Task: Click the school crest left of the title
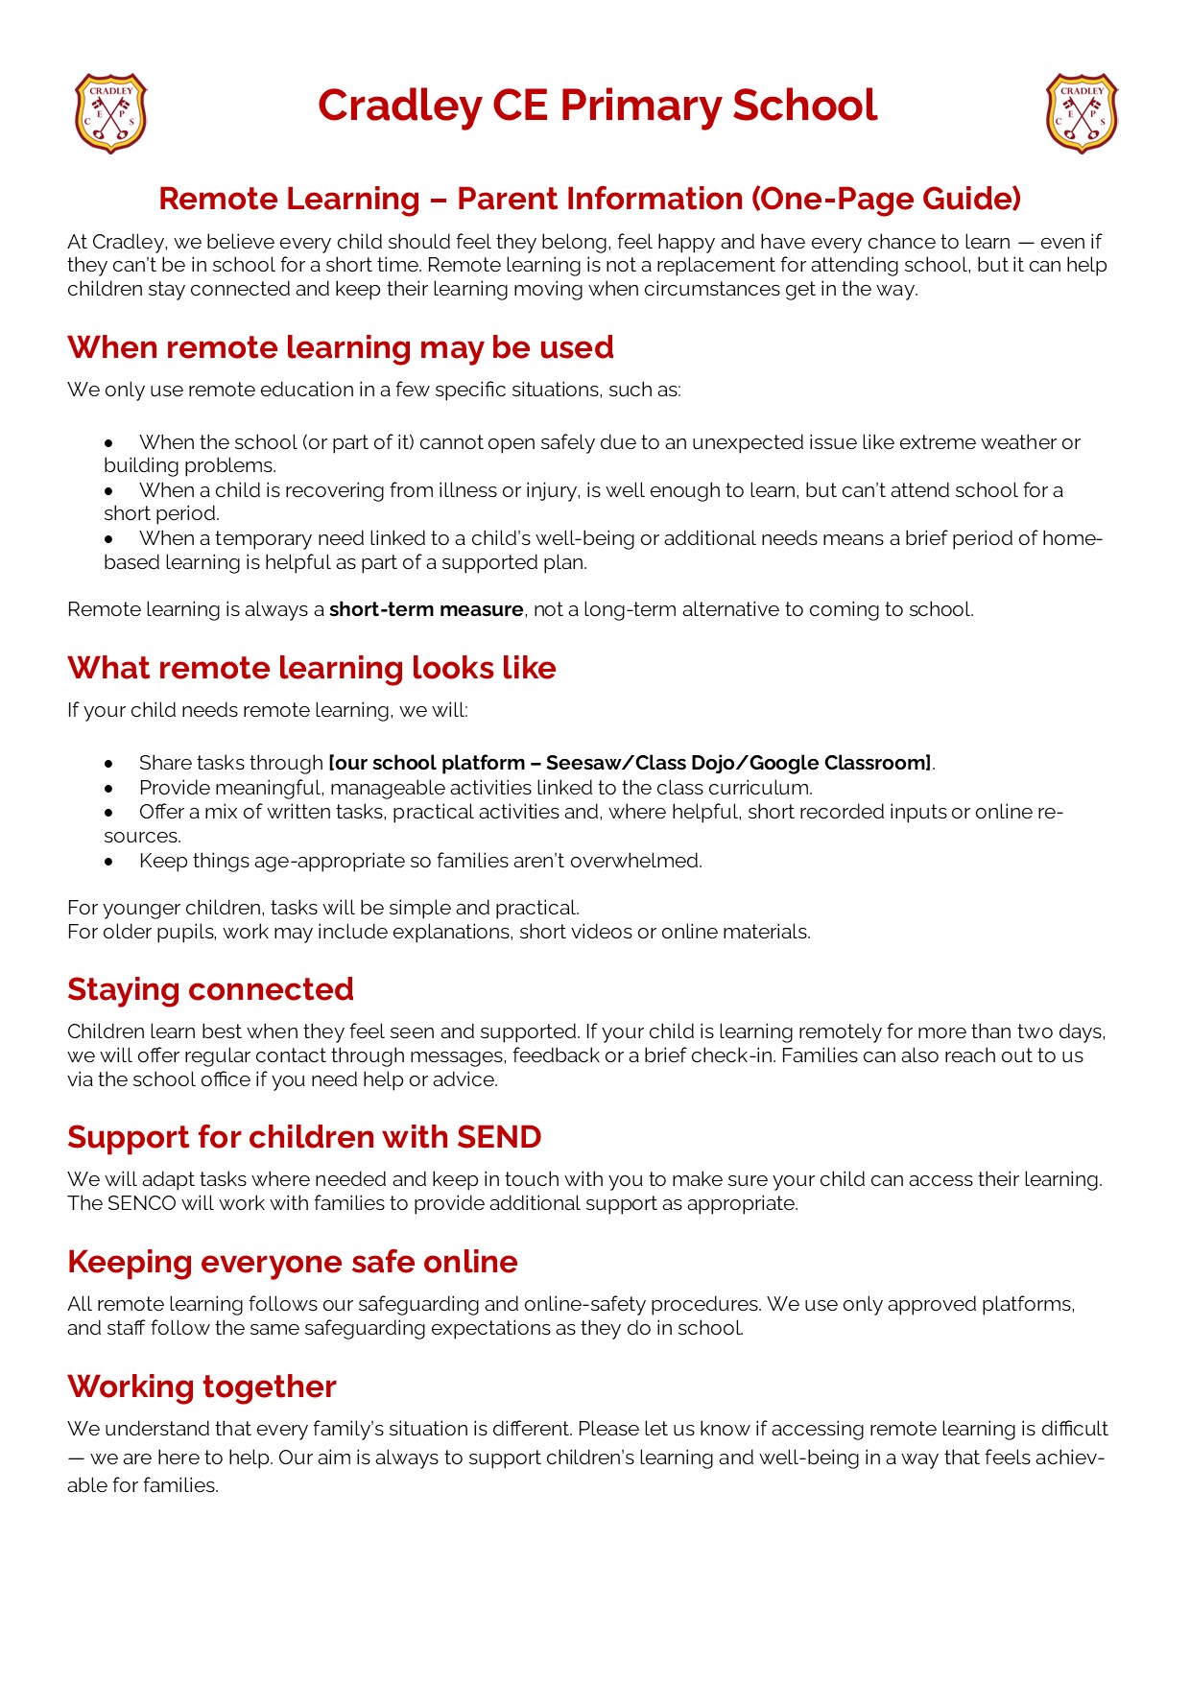pos(110,113)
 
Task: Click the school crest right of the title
pos(1082,113)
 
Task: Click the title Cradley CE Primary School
pos(597,106)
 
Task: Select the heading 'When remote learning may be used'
pos(340,347)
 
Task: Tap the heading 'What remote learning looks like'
pos(311,668)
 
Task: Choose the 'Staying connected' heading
pos(210,989)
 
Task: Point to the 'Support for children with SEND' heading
pos(304,1137)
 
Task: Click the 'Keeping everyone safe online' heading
pos(292,1262)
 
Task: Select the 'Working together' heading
pos(202,1387)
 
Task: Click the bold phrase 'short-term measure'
pos(426,610)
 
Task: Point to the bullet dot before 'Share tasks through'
pos(109,765)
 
